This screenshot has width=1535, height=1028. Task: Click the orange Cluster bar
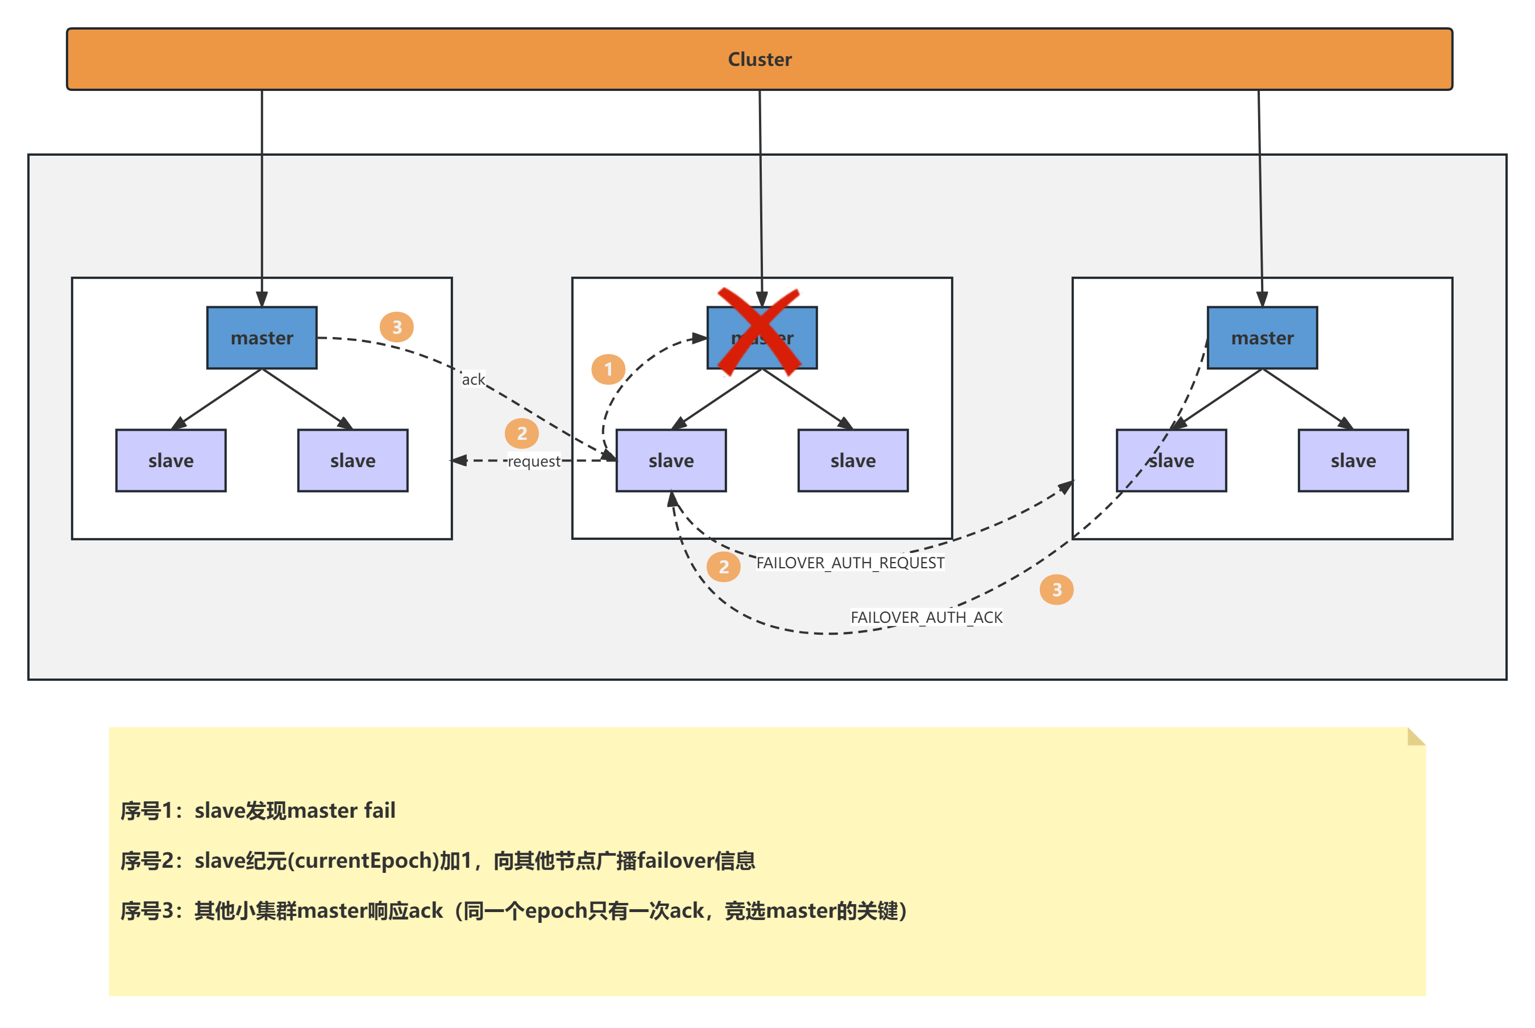[x=760, y=59]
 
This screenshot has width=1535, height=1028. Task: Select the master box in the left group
[x=262, y=338]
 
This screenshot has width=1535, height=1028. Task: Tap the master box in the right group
[x=1262, y=338]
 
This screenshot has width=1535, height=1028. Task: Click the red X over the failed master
[x=760, y=332]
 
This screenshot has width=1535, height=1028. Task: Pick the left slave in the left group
[x=171, y=460]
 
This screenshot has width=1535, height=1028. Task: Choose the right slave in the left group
[x=353, y=460]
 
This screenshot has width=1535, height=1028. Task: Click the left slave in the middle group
[x=671, y=460]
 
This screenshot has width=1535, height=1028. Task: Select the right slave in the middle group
[x=852, y=460]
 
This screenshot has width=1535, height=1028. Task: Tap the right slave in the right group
[x=1353, y=460]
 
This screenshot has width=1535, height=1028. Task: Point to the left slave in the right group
[x=1171, y=460]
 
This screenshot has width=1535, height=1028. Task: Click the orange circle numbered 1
[x=608, y=369]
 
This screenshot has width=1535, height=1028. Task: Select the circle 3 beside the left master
[x=397, y=327]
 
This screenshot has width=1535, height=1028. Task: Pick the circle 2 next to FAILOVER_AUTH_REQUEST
[x=723, y=567]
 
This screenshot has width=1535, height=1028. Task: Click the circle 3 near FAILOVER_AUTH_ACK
[x=1056, y=589]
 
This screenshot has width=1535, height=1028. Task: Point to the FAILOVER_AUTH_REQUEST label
[x=850, y=563]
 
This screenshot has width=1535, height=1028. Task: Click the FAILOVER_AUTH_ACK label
[x=926, y=617]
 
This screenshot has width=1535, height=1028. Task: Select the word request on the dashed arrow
[x=534, y=461]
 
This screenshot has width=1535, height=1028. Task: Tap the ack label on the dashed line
[x=473, y=379]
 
